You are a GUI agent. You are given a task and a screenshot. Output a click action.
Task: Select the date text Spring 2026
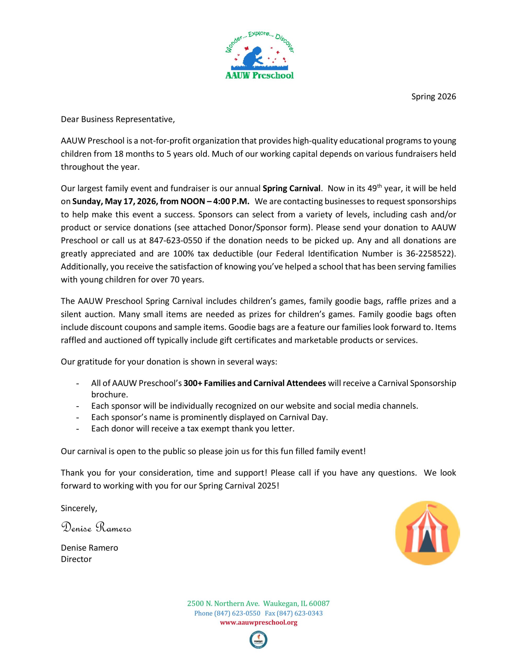pyautogui.click(x=433, y=96)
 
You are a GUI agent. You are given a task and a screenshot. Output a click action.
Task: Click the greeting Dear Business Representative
pyautogui.click(x=118, y=119)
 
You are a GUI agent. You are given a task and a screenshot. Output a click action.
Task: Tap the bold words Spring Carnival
pyautogui.click(x=291, y=188)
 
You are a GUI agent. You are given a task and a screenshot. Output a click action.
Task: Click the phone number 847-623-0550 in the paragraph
pyautogui.click(x=176, y=240)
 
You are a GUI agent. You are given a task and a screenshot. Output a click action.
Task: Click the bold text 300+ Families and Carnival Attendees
pyautogui.click(x=255, y=383)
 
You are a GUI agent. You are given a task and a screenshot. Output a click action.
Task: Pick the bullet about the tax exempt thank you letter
pyautogui.click(x=193, y=429)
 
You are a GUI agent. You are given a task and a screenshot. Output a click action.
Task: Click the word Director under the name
pyautogui.click(x=76, y=559)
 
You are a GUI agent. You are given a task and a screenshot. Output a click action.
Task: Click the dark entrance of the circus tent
pyautogui.click(x=428, y=543)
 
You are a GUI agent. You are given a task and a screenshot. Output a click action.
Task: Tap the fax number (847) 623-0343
pyautogui.click(x=294, y=613)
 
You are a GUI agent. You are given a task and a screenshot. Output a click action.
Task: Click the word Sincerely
pyautogui.click(x=79, y=508)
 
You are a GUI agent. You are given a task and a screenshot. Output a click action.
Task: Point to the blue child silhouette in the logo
pyautogui.click(x=252, y=56)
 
